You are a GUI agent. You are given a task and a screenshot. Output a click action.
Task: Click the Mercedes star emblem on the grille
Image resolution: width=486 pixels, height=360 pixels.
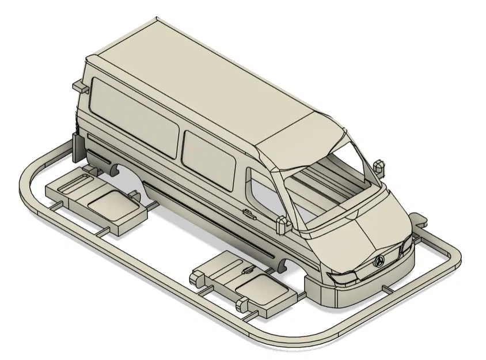tap(379, 262)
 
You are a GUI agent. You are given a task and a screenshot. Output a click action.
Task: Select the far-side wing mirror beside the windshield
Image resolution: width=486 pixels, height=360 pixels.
tap(378, 165)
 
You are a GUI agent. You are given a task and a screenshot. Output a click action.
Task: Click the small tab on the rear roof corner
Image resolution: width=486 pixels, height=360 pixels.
tap(80, 86)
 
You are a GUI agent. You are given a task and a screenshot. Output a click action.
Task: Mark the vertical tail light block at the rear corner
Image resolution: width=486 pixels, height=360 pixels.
tap(76, 147)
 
